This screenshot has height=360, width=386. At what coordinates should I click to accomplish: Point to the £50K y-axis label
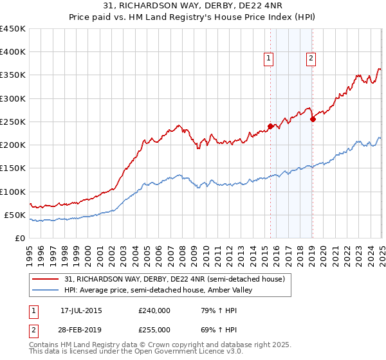[x=14, y=215]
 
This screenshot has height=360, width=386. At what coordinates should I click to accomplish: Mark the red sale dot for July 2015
[x=270, y=126]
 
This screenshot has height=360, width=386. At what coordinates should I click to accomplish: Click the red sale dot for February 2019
[x=313, y=119]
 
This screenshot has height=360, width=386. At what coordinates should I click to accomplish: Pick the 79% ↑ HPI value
[x=214, y=310]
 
